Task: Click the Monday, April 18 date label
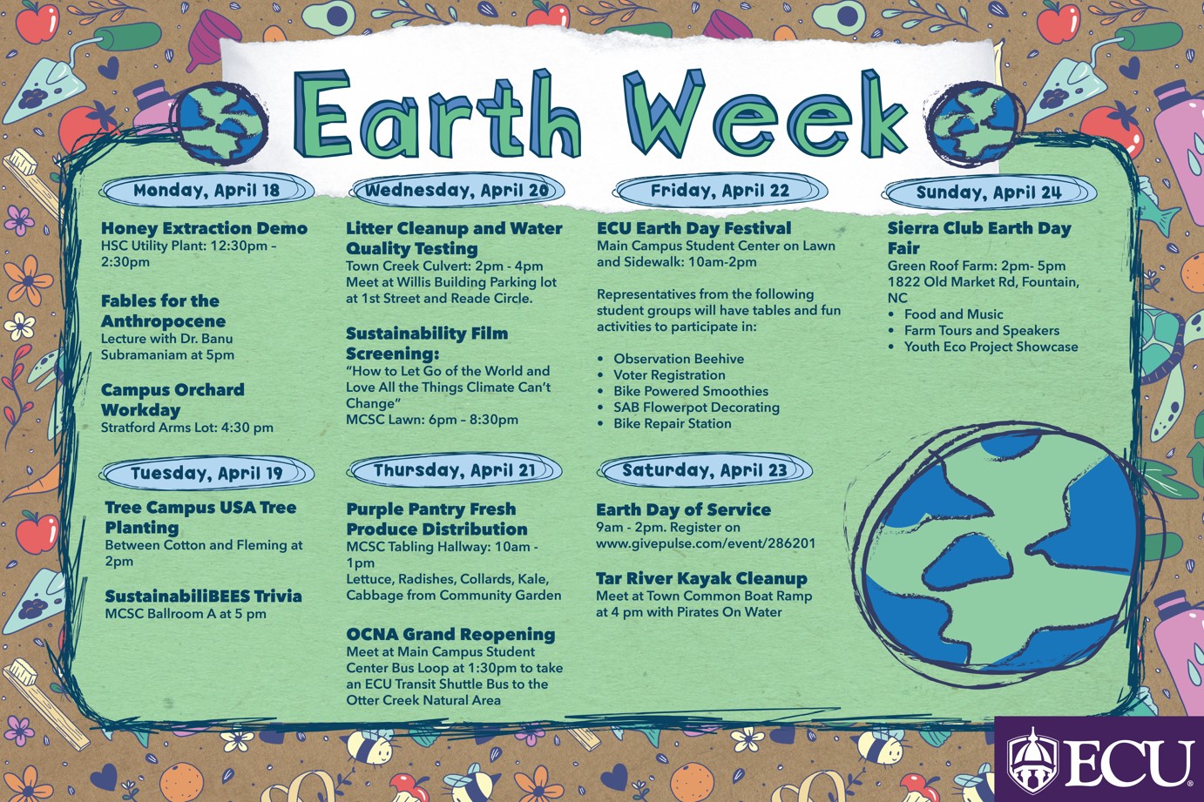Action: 206,190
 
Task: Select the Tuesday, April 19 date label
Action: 206,473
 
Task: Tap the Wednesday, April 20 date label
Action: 457,190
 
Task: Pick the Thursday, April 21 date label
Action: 454,470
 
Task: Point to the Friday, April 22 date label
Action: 720,191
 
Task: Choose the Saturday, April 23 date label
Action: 704,470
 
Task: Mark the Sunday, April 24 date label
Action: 988,192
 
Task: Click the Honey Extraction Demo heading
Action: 204,228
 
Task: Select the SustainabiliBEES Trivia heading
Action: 203,596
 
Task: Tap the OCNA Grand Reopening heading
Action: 450,634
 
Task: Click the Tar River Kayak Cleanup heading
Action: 701,578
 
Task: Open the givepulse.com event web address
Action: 706,543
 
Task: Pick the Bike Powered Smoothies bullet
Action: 690,391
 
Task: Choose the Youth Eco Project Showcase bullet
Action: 991,347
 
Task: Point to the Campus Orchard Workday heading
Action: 172,400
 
